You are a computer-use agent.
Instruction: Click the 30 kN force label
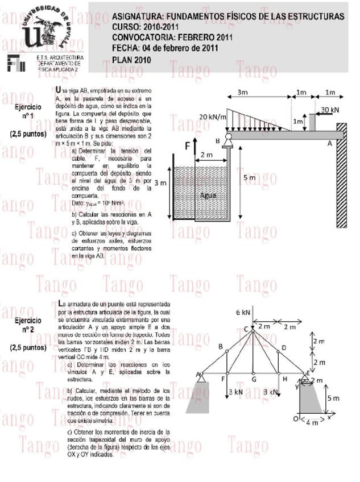coord(330,109)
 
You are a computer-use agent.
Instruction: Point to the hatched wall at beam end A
coord(343,176)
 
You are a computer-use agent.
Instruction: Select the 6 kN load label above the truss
coord(243,312)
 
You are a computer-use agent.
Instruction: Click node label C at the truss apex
coord(246,329)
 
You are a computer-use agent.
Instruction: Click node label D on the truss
coord(284,347)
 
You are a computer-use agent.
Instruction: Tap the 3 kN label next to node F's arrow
coord(235,392)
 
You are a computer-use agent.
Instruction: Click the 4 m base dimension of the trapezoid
coord(312,423)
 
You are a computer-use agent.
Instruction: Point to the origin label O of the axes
coord(295,419)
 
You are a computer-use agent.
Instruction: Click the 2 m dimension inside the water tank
coord(206,155)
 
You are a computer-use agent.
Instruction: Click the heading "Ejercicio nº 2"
coord(28,325)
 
